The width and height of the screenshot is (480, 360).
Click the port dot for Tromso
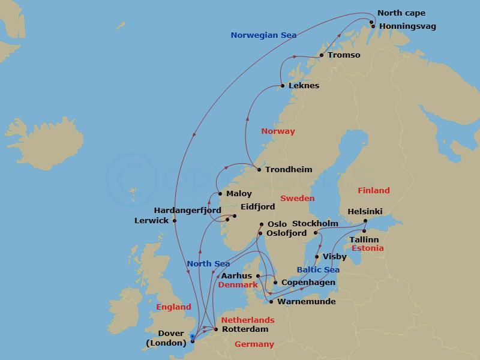[x=322, y=56]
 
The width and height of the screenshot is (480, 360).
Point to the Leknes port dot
[x=283, y=86]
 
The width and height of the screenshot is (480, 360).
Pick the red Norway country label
[x=278, y=131]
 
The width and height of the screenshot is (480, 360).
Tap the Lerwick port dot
[x=175, y=221]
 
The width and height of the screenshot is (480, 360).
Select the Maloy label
[x=239, y=194]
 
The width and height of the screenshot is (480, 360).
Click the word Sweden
[x=298, y=198]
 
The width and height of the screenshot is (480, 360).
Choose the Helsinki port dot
[x=365, y=221]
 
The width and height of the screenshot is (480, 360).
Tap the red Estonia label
[x=367, y=248]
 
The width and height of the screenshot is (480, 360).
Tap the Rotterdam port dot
[x=216, y=329]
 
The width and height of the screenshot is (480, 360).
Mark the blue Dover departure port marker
[x=191, y=337]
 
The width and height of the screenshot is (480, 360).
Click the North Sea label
[x=208, y=264]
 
